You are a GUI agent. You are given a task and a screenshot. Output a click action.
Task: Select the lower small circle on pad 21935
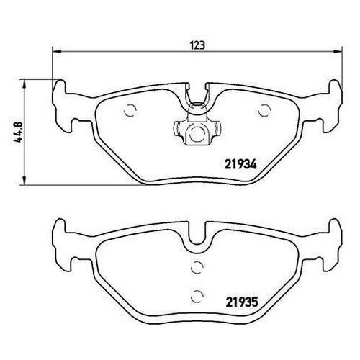click(x=196, y=292)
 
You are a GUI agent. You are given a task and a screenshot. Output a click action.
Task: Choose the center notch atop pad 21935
click(x=196, y=238)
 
